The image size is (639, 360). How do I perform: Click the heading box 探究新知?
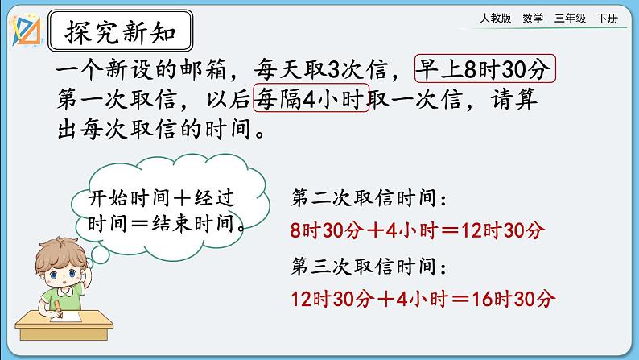pos(120,33)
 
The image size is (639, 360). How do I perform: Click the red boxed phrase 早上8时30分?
pos(485,70)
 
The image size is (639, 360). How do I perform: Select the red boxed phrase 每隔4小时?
pos(311,99)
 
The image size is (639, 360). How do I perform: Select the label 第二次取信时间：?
pos(369,197)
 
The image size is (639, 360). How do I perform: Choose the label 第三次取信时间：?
pos(369,266)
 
